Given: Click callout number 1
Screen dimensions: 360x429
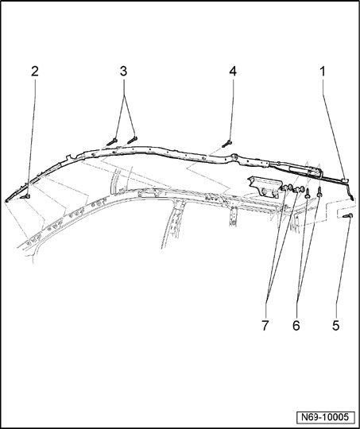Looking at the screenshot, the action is (323, 71).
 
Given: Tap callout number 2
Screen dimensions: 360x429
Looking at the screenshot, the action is (34, 71).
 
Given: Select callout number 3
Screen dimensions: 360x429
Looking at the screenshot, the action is (123, 71).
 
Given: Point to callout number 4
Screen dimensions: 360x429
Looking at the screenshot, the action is (233, 71).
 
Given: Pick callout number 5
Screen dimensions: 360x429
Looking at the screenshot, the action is (335, 326).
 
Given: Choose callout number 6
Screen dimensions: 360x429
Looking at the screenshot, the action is (296, 326).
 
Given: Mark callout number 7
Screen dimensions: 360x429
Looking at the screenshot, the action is (265, 326).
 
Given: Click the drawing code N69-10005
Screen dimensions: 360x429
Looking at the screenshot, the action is (325, 417).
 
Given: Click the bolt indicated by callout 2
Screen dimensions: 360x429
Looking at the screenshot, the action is (25, 196).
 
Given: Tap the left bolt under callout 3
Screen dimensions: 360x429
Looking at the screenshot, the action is (112, 142).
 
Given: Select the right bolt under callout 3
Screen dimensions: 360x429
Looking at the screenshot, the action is (132, 140).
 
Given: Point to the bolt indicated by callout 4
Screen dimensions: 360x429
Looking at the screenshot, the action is (226, 143).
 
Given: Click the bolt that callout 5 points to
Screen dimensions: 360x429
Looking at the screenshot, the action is (347, 216).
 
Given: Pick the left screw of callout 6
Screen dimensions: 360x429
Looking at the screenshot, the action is (308, 194).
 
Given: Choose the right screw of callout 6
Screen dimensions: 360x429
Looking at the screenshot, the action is (319, 192).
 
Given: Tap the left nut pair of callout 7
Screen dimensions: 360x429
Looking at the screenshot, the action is (287, 187).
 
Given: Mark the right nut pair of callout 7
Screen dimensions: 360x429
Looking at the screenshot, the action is (299, 189).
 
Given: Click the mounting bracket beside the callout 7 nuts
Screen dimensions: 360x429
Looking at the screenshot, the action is (265, 186).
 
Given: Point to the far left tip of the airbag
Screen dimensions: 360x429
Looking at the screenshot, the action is (6, 201).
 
